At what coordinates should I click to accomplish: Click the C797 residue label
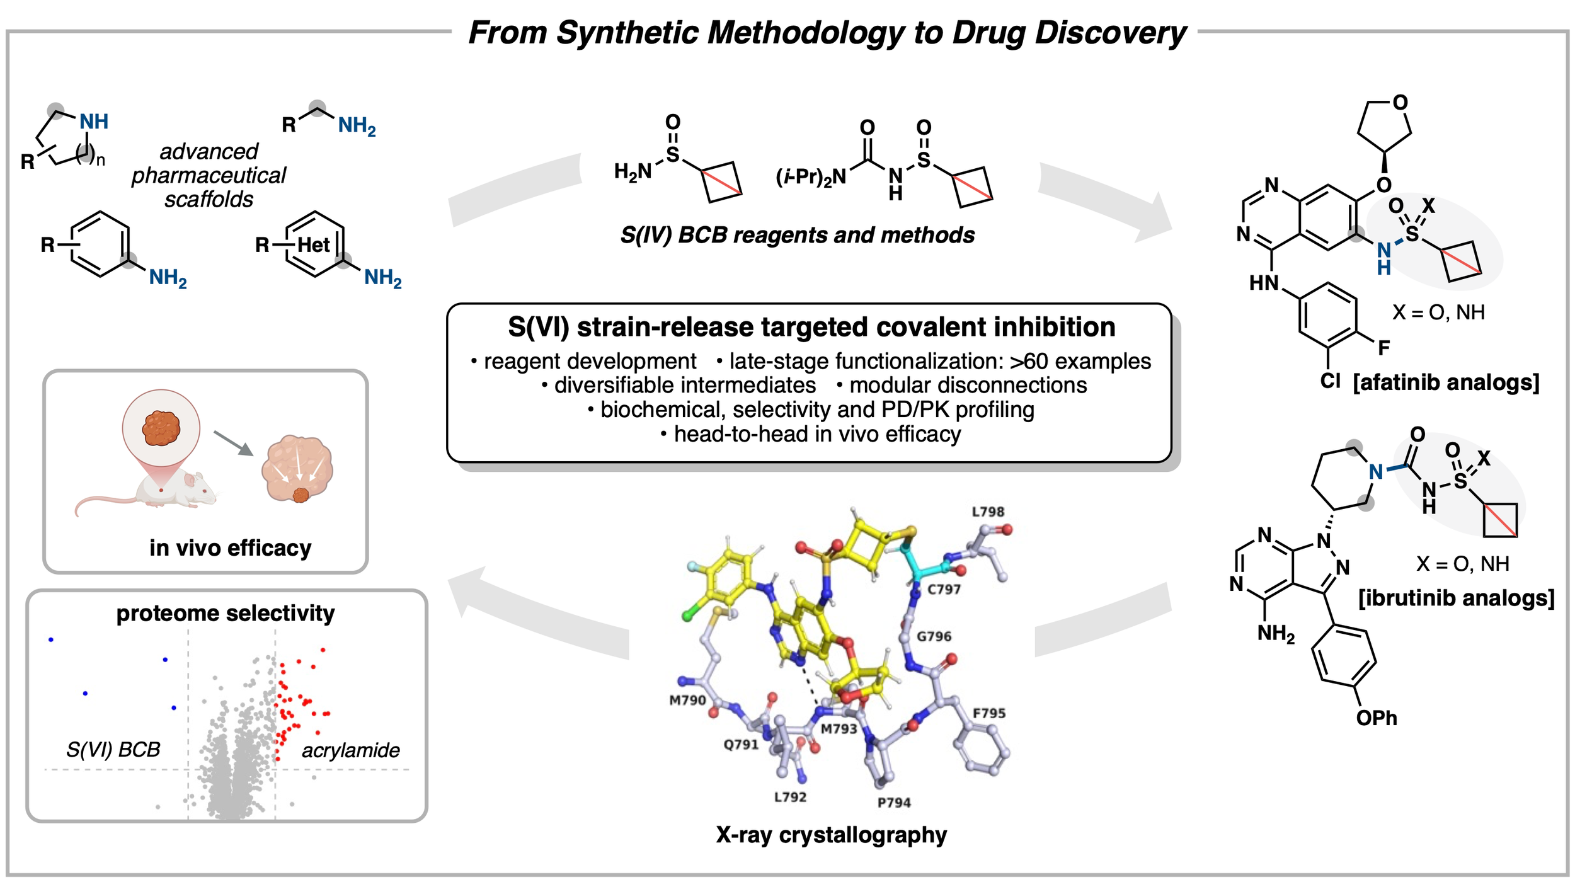[x=944, y=589]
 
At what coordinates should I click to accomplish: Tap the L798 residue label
[x=988, y=512]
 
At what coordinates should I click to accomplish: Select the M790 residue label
[x=687, y=700]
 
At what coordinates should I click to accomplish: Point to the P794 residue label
[x=894, y=803]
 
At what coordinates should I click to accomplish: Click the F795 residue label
[x=989, y=713]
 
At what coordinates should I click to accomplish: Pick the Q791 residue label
[x=741, y=744]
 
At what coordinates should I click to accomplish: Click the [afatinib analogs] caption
[x=1446, y=382]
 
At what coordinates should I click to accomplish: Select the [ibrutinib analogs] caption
[x=1457, y=598]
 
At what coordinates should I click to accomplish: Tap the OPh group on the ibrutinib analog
[x=1377, y=718]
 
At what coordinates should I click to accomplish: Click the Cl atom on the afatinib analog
[x=1331, y=381]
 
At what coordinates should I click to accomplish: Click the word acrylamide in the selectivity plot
[x=351, y=750]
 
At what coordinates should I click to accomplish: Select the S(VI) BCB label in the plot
[x=113, y=750]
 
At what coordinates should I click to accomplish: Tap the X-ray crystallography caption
[x=831, y=835]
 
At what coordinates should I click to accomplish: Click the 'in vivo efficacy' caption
[x=231, y=548]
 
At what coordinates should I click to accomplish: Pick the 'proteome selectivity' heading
[x=226, y=613]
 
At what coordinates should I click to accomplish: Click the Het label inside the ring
[x=313, y=244]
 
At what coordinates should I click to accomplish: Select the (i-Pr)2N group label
[x=811, y=177]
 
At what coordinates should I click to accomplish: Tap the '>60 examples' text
[x=1080, y=361]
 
